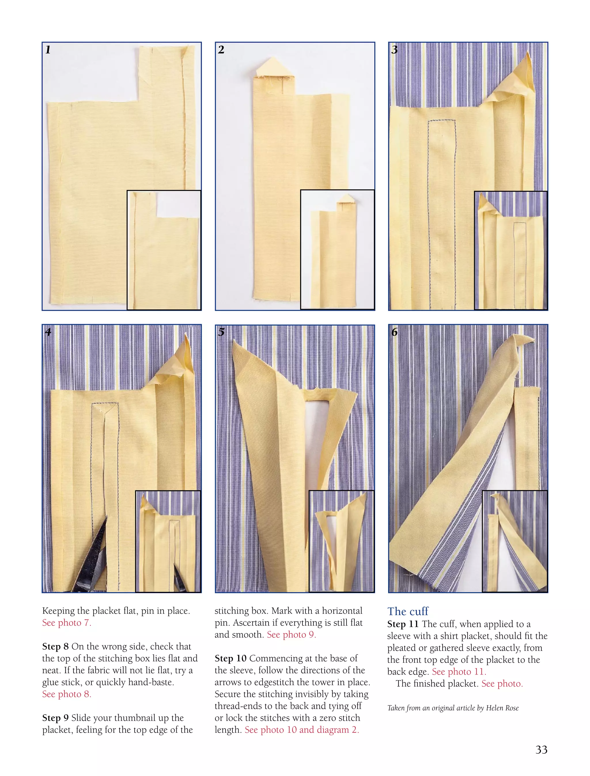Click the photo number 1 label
pyautogui.click(x=48, y=50)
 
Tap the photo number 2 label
pyautogui.click(x=221, y=50)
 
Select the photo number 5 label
pyautogui.click(x=221, y=332)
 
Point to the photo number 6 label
pyautogui.click(x=394, y=332)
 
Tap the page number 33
pyautogui.click(x=541, y=749)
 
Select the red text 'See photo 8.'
pyautogui.click(x=67, y=694)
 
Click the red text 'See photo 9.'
pyautogui.click(x=292, y=635)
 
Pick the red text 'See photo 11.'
pyautogui.click(x=459, y=672)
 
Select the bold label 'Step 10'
pyautogui.click(x=230, y=658)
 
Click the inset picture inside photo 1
pyautogui.click(x=164, y=250)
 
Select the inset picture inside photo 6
pyautogui.click(x=515, y=541)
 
